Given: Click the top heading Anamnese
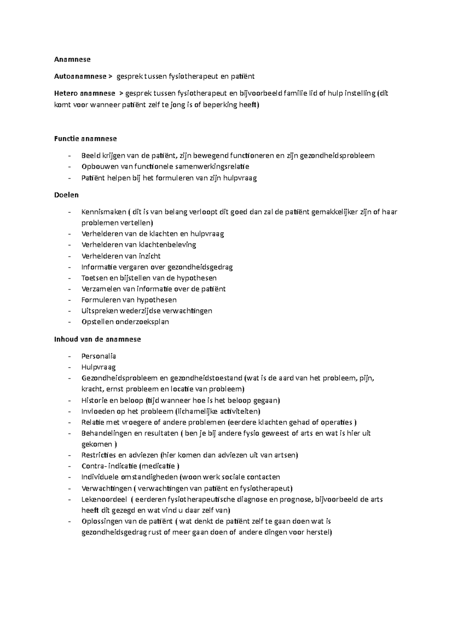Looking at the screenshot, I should point(72,59).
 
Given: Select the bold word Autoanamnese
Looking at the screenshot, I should point(80,76).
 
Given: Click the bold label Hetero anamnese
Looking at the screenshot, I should point(85,93).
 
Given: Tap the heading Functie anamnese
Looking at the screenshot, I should point(86,138).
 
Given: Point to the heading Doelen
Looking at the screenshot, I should point(66,195).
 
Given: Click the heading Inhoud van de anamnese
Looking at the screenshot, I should point(98,339).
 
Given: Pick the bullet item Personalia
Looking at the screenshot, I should point(99,356).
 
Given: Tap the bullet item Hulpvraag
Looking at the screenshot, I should point(99,367).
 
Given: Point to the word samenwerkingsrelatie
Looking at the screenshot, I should point(212,166).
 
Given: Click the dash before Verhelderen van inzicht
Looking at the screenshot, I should point(69,256).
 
